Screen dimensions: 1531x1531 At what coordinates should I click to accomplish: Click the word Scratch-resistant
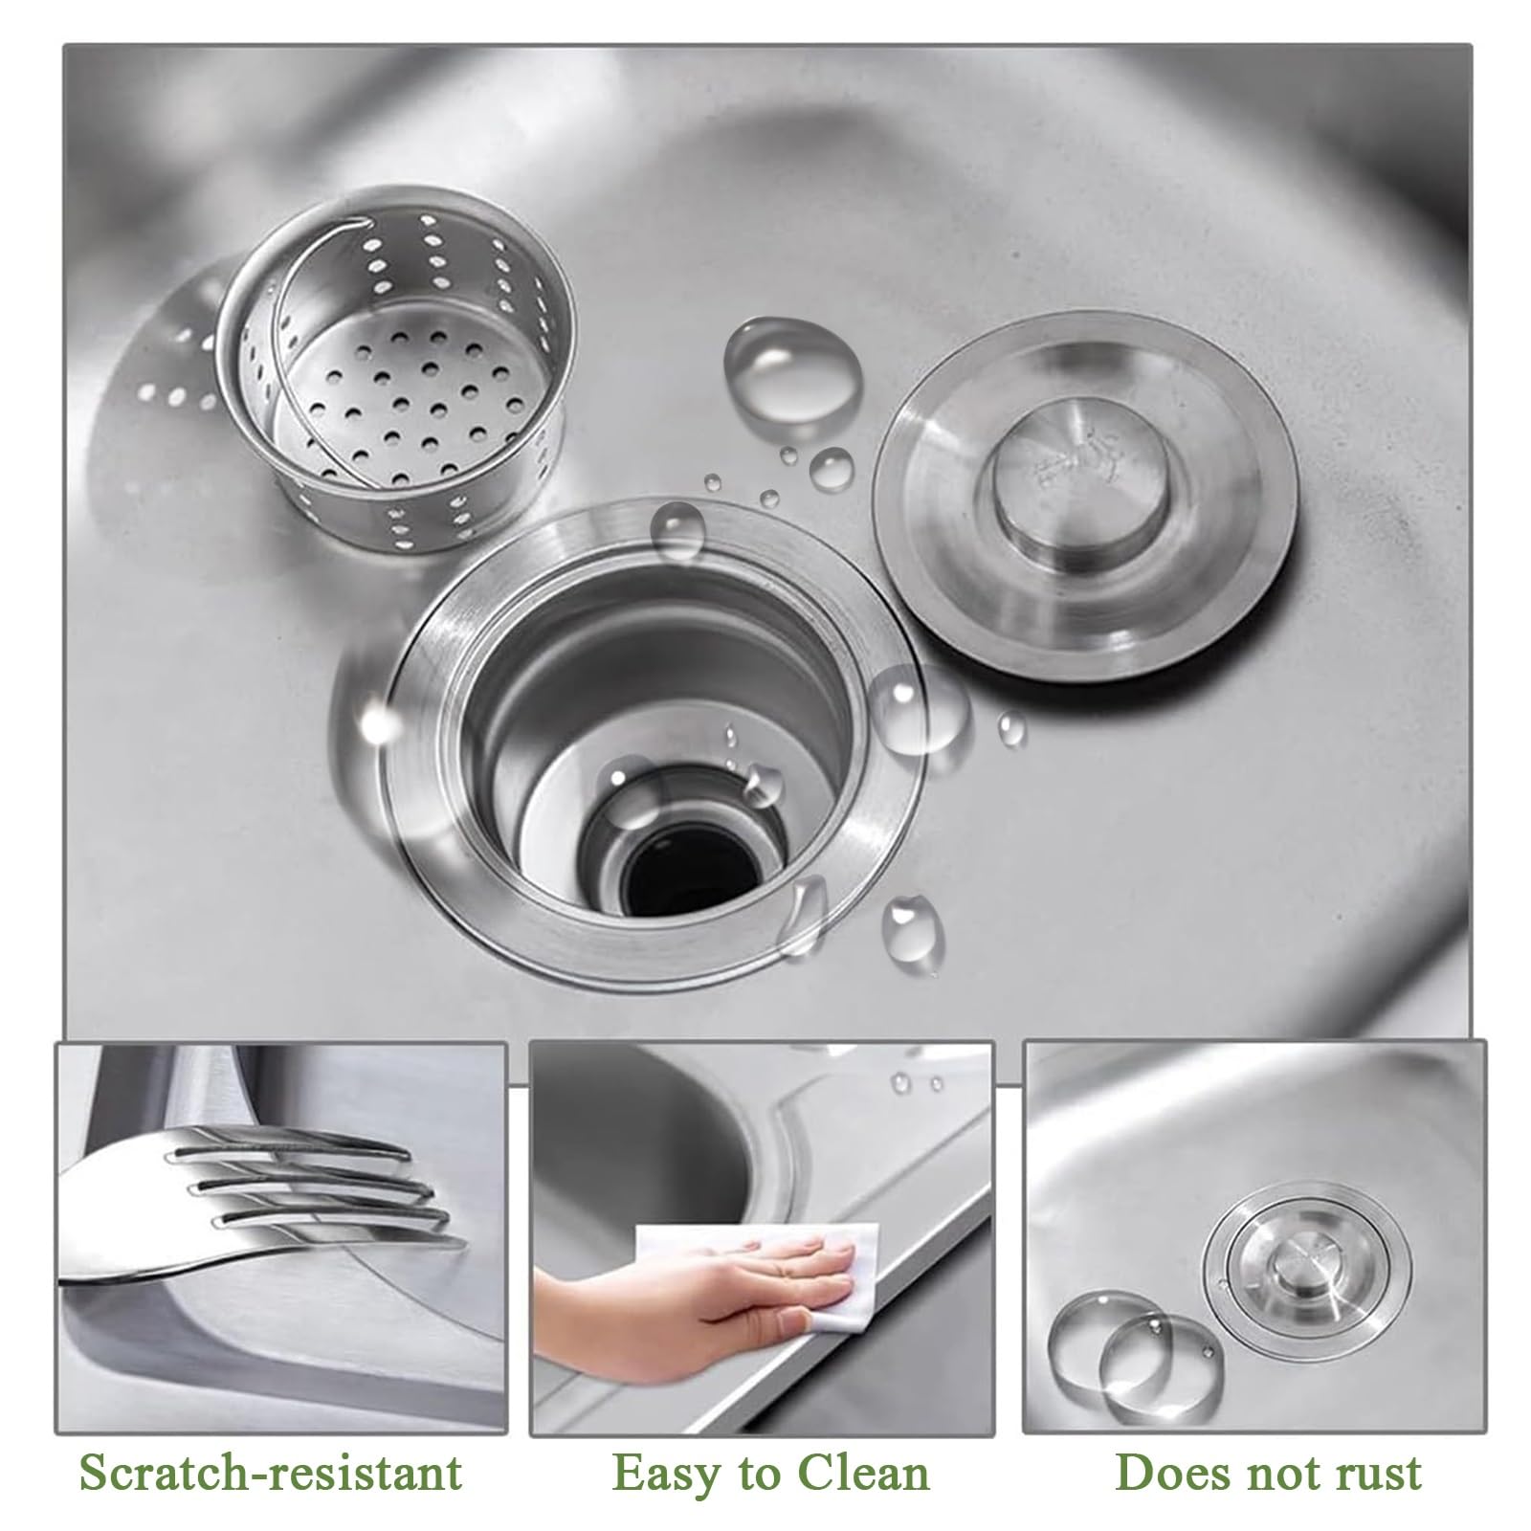(271, 1472)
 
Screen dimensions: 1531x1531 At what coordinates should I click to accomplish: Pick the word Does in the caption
(1168, 1472)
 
